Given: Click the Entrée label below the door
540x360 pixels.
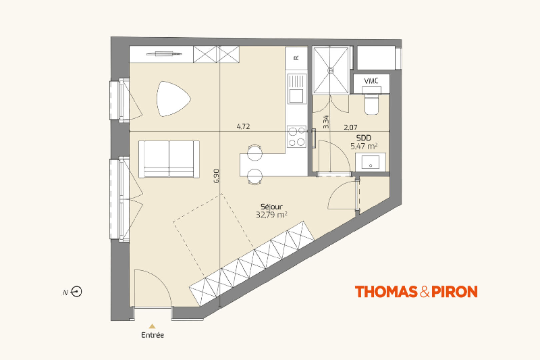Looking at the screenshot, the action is click(x=153, y=335).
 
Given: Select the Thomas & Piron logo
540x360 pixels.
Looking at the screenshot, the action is click(x=416, y=292).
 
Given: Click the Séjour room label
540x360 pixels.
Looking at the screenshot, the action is click(x=271, y=207).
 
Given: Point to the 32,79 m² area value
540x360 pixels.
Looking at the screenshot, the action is click(x=271, y=215).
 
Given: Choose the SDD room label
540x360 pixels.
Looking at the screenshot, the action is click(x=364, y=138).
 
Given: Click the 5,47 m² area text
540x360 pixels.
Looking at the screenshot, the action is click(x=364, y=146).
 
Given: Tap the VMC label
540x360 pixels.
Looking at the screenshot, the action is click(x=371, y=81).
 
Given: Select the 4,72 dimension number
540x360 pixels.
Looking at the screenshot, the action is click(x=243, y=126).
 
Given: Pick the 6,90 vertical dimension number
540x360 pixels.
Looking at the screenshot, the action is click(x=216, y=176).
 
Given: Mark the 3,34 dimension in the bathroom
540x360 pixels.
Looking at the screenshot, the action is click(x=326, y=122).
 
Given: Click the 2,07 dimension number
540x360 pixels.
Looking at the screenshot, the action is click(x=350, y=127).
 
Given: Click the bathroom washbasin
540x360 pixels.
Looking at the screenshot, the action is click(x=371, y=161).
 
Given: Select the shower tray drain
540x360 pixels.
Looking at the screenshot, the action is click(x=331, y=70).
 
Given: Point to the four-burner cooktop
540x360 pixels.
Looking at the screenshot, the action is click(x=297, y=136).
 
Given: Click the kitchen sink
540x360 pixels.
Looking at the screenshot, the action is click(x=296, y=89).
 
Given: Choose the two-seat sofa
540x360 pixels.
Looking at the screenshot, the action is click(x=169, y=159).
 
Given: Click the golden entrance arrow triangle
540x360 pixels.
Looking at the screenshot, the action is click(x=153, y=326).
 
